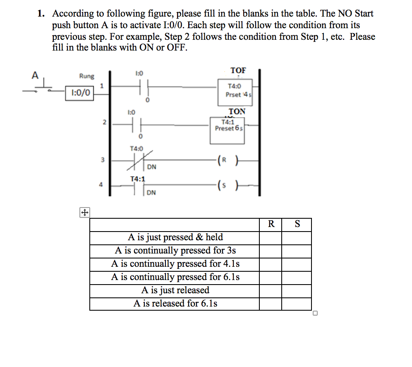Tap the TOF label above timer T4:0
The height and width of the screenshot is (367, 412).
click(238, 70)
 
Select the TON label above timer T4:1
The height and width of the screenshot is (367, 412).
click(237, 111)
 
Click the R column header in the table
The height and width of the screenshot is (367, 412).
click(271, 225)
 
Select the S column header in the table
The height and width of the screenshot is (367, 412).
click(297, 225)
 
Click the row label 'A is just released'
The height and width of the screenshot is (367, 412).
click(175, 290)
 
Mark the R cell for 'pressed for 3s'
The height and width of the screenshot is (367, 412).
click(271, 251)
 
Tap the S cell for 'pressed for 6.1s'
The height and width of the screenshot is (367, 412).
click(296, 277)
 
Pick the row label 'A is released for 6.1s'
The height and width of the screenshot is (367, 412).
click(175, 303)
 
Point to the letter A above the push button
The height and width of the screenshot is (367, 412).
click(36, 75)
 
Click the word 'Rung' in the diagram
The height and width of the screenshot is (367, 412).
click(86, 76)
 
